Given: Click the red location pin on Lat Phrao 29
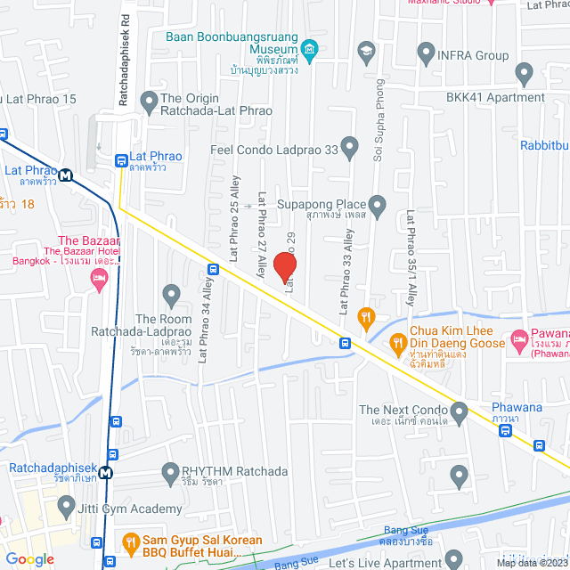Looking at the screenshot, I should pyautogui.click(x=283, y=265).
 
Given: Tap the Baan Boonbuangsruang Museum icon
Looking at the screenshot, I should pyautogui.click(x=309, y=47).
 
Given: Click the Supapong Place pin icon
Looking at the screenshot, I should pyautogui.click(x=378, y=207).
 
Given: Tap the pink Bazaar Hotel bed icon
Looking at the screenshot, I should pyautogui.click(x=99, y=281).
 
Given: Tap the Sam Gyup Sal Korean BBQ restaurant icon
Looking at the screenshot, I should pyautogui.click(x=131, y=541).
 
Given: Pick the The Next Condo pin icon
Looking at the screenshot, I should pyautogui.click(x=460, y=411).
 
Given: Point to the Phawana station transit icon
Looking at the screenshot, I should pyautogui.click(x=506, y=431).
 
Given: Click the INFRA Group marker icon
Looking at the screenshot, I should pyautogui.click(x=426, y=54).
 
